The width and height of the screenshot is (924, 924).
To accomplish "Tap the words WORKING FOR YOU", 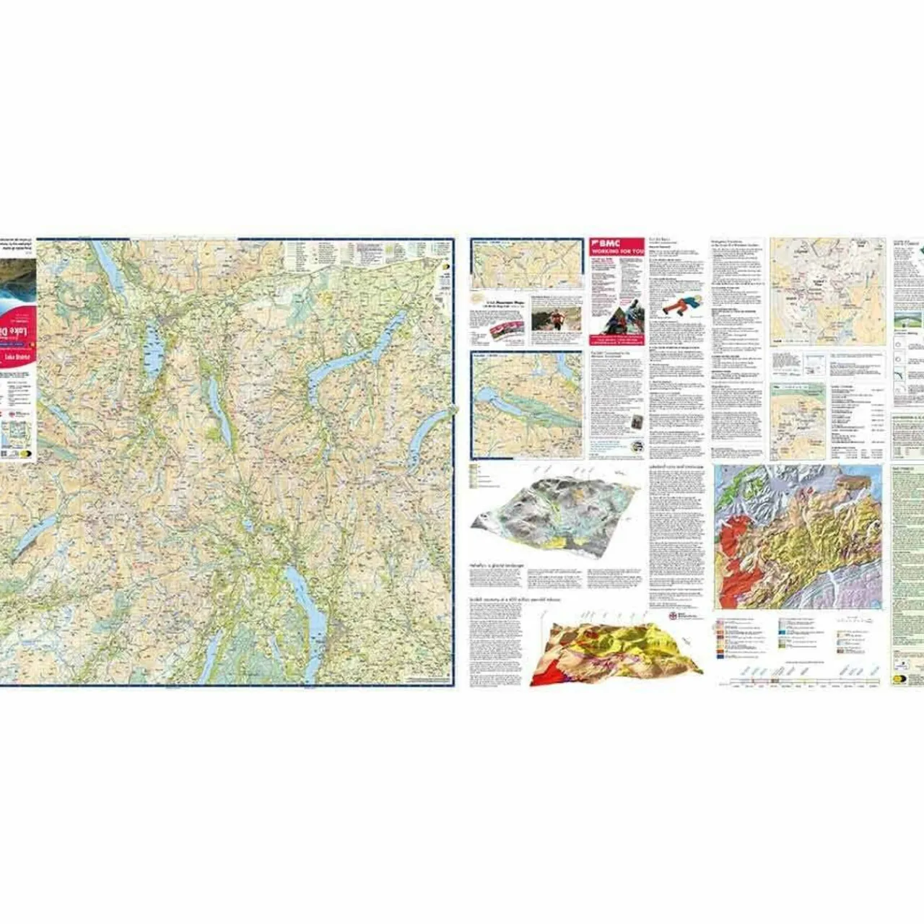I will [617, 250].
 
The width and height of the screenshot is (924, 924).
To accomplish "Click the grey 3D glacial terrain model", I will [557, 512].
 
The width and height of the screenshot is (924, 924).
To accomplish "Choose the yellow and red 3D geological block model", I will [614, 653].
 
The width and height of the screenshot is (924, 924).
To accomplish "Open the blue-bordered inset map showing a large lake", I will [527, 405].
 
